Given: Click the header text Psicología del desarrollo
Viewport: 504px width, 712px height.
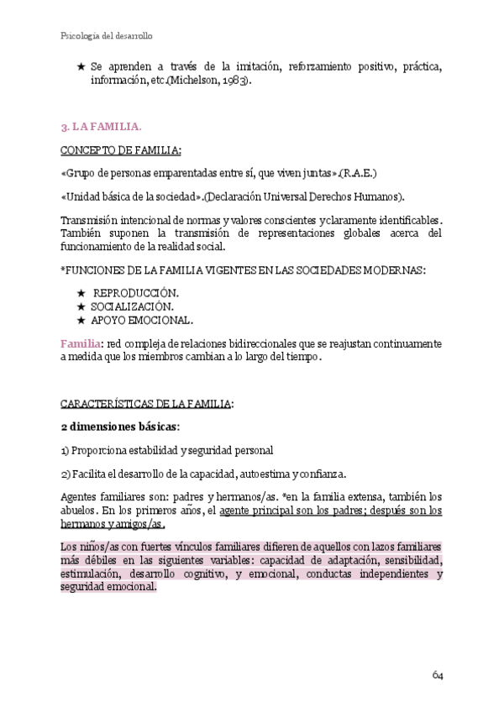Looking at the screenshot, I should (107, 36).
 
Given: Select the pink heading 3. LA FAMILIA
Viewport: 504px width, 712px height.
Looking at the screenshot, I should (101, 127).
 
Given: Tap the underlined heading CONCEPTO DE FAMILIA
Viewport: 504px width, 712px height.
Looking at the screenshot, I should (120, 150).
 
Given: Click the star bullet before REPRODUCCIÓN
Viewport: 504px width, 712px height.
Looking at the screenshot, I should (81, 292).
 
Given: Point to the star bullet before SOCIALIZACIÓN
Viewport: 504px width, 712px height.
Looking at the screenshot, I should (81, 306).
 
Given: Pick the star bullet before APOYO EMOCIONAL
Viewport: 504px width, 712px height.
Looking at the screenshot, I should (81, 320).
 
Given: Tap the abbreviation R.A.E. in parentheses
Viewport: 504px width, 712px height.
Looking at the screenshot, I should (360, 174).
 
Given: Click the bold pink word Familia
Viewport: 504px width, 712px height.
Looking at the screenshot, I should (80, 344).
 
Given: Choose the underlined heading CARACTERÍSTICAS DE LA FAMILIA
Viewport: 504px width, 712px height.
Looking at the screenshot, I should (146, 404).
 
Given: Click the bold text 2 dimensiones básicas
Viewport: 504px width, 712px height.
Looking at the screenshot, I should (119, 427).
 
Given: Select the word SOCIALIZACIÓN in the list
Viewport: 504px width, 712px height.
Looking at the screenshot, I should (133, 306).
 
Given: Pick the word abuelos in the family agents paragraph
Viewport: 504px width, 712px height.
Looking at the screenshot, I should (80, 510).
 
